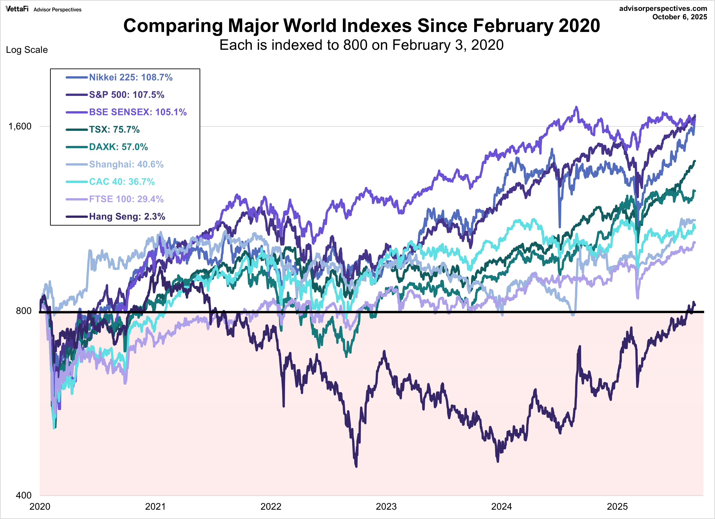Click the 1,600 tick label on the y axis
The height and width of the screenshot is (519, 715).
[x=20, y=126]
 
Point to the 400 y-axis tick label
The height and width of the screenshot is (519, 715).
[x=23, y=495]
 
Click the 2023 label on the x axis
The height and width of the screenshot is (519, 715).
[x=386, y=507]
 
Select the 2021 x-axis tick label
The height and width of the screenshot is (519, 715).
[x=155, y=507]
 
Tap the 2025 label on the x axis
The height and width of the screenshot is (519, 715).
[x=617, y=507]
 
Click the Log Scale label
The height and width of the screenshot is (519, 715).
[x=27, y=50]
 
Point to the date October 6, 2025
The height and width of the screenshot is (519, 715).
[x=680, y=17]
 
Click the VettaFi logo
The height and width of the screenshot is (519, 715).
[x=17, y=9]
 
